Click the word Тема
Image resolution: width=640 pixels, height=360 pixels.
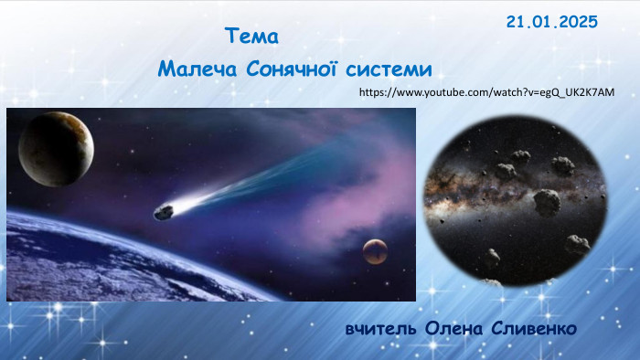[251, 38]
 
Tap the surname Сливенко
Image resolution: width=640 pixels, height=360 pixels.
[532, 327]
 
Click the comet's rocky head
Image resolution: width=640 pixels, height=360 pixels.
[165, 212]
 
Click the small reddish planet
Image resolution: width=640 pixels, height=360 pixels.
[374, 250]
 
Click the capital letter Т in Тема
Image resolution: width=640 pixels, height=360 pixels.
[229, 38]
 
